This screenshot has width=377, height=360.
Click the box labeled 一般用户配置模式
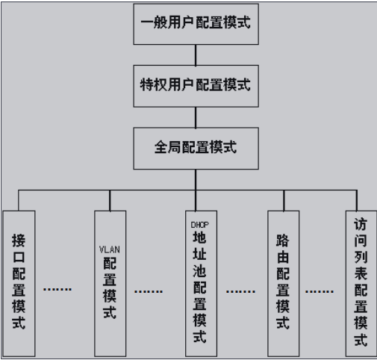pyautogui.click(x=196, y=22)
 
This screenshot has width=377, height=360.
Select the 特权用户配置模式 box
pyautogui.click(x=196, y=84)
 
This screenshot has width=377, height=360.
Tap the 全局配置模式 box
pyautogui.click(x=196, y=146)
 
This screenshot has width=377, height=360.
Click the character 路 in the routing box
pyautogui.click(x=283, y=242)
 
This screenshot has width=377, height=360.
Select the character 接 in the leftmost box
pyautogui.click(x=19, y=240)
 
